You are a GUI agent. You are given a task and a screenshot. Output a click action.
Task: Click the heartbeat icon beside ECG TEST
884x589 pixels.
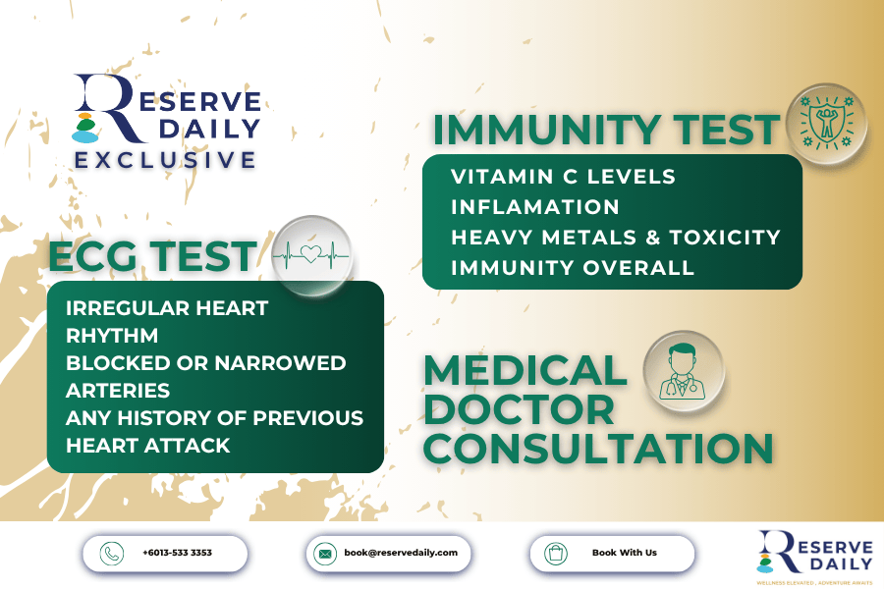point(311,255)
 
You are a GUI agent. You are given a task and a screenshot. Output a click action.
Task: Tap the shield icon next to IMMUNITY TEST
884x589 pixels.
point(826,123)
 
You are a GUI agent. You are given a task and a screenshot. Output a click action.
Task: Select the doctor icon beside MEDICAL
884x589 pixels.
point(684,371)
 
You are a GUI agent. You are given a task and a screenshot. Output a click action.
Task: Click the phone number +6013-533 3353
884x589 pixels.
point(177,553)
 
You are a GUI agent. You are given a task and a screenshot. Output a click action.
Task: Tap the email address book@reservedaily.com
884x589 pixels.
point(401,553)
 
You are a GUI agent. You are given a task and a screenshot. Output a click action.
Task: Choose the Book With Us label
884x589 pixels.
point(624,553)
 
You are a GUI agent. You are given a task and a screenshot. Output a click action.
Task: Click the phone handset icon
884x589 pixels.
point(112,554)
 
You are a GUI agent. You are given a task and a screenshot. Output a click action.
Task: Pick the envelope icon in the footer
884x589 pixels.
point(325,554)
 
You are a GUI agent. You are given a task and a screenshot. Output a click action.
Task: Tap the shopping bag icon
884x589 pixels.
point(555,554)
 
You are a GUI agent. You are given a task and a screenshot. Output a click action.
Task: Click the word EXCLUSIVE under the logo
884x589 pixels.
point(166,160)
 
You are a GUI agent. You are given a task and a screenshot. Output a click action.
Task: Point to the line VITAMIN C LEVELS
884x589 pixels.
point(563,177)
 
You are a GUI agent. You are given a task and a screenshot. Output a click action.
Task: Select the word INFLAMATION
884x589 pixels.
point(535,207)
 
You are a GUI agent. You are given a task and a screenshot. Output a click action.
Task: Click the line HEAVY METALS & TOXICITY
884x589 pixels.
point(616,238)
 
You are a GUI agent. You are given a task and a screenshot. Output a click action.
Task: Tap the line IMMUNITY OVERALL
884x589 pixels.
point(573,268)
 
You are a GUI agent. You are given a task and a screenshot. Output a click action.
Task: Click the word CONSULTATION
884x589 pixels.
point(598,449)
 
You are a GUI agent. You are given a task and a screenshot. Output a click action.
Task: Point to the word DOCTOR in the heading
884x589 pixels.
point(520,409)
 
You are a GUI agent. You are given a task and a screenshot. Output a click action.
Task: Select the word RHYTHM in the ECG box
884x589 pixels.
point(112,336)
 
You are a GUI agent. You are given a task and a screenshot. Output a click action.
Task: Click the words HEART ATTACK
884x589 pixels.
point(147,446)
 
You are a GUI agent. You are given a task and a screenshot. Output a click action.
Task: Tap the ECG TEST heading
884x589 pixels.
point(153,256)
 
